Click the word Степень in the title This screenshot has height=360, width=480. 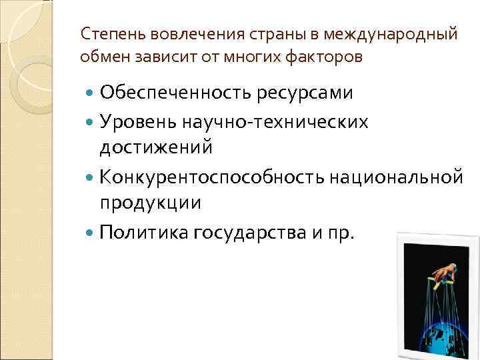107,33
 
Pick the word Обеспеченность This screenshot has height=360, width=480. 175,93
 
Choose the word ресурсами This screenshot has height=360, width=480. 304,93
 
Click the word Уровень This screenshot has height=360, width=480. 137,121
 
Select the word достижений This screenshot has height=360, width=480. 155,147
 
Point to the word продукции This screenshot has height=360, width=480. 150,203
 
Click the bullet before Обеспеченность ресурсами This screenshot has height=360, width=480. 91,93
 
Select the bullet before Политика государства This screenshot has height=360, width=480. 91,232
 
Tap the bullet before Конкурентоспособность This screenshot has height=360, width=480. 91,177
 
